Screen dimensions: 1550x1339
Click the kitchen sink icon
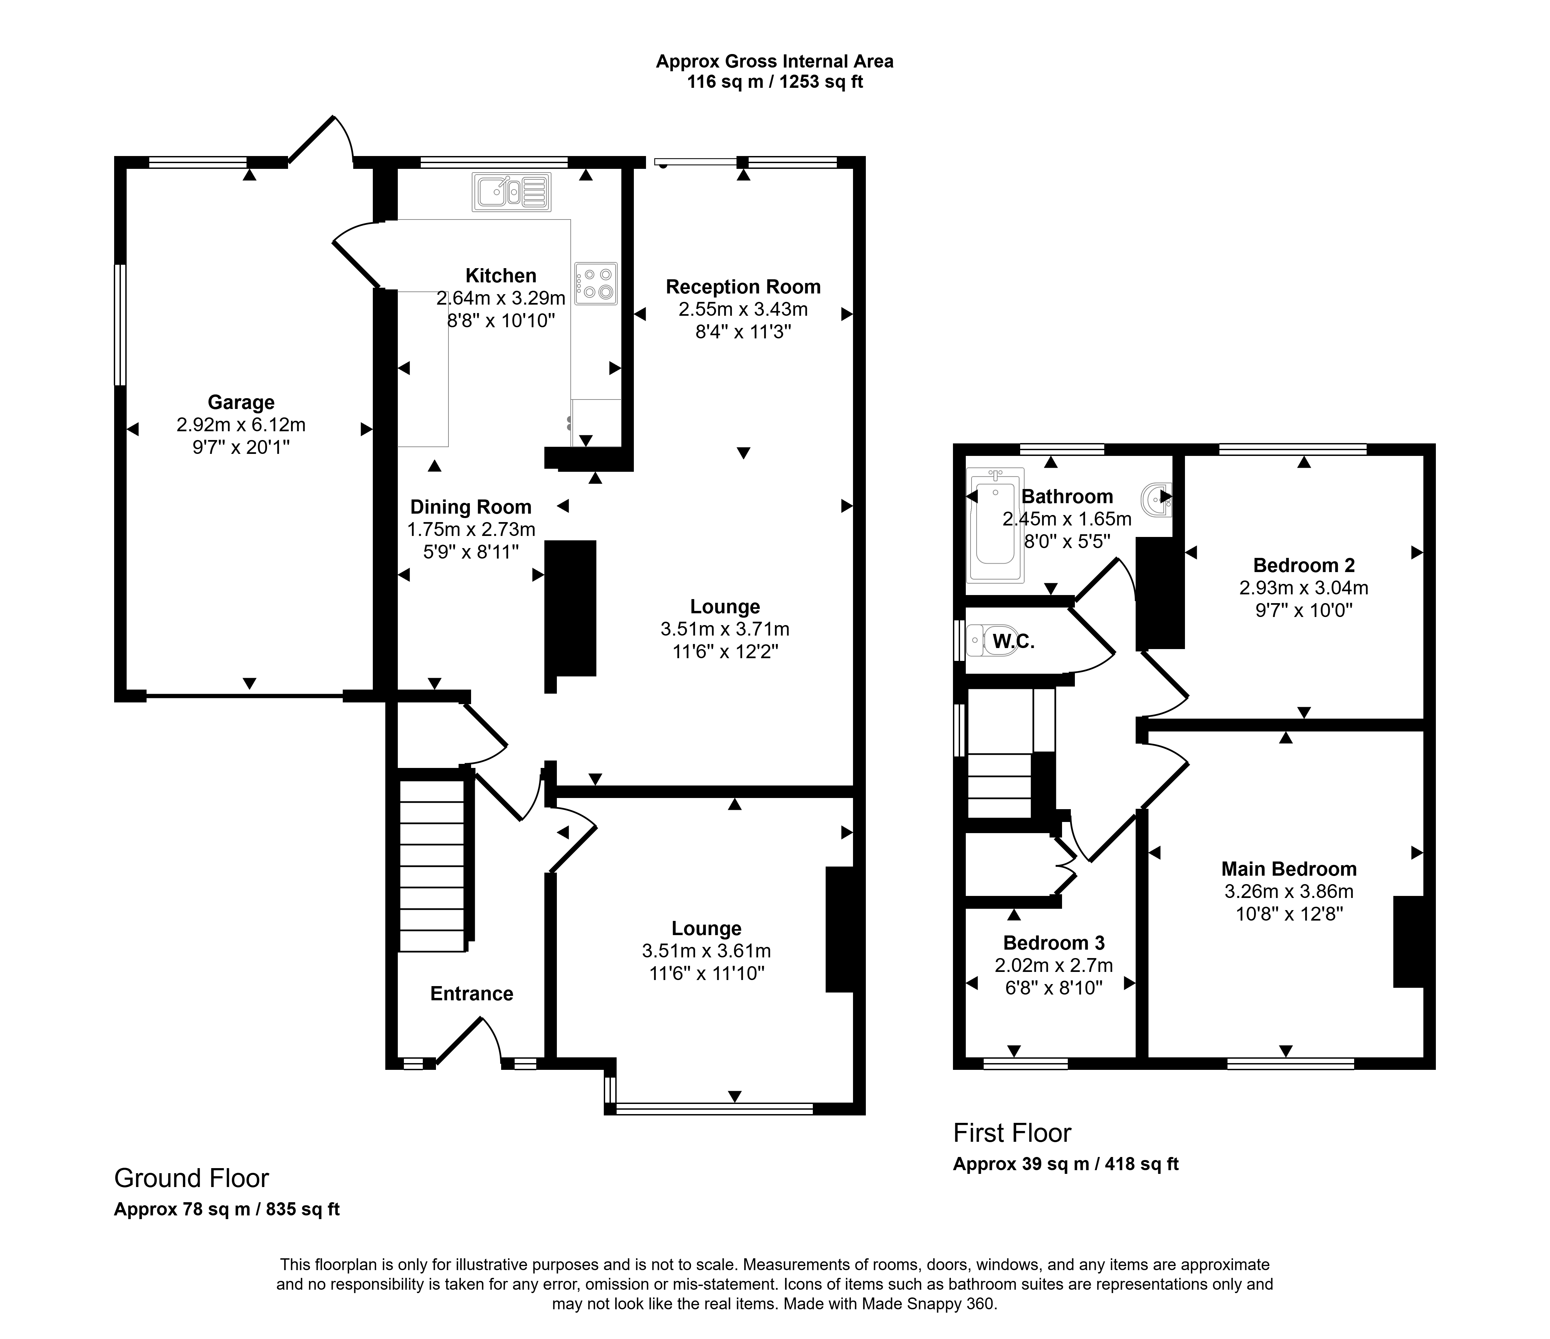[x=512, y=192]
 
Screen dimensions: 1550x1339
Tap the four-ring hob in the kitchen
[x=596, y=284]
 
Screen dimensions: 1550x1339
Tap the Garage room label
[x=241, y=403]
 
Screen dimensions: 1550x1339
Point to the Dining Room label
[x=470, y=507]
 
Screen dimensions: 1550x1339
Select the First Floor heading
[x=1012, y=1133]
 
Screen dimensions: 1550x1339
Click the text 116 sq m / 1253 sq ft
[x=775, y=82]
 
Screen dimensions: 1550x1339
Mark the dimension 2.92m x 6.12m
[x=241, y=425]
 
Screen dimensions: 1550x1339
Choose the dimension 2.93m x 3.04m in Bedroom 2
[x=1304, y=588]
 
